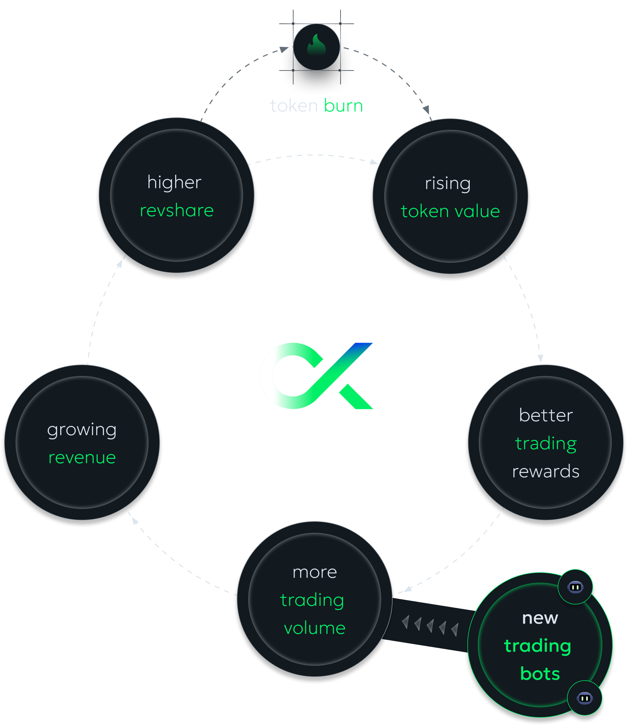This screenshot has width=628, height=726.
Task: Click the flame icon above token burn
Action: point(316,45)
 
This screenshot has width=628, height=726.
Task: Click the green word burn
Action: point(343,106)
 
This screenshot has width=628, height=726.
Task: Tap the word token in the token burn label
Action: point(294,106)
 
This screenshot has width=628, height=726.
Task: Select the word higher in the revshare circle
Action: point(174,182)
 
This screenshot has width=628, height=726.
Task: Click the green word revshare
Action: point(177,210)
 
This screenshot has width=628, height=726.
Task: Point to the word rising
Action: point(448,183)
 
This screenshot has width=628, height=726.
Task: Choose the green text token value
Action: point(450,211)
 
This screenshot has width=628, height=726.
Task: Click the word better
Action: point(546,415)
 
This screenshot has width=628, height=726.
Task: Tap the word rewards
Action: point(546,472)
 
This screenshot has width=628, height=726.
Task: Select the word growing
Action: point(82,430)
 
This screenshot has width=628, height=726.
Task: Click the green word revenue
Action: point(82,458)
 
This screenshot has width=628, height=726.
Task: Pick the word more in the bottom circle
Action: point(315,573)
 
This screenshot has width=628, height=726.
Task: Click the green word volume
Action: point(315,628)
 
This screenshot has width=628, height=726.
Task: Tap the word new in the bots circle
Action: point(540,618)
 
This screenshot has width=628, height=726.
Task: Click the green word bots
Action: point(540,674)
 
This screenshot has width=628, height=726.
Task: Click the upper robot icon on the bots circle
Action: point(575,587)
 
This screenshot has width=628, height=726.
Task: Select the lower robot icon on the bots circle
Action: point(584,698)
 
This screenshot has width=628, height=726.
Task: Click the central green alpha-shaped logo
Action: point(316,376)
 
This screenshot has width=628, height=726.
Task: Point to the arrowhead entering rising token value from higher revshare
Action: point(374,162)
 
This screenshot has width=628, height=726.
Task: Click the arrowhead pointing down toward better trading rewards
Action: point(540,358)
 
